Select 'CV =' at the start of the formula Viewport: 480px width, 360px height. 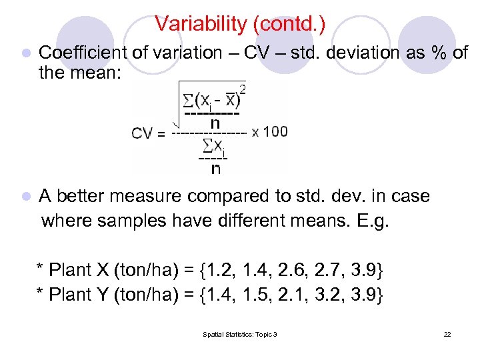[x=149, y=133]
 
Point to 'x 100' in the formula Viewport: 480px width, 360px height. [x=270, y=131]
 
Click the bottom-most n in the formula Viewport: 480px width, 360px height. [x=215, y=169]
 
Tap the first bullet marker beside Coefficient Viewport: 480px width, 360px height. [x=25, y=53]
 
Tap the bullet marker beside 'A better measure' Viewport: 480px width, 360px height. [x=25, y=197]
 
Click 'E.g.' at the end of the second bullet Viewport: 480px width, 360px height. [x=372, y=220]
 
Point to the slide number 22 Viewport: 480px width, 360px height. [x=447, y=334]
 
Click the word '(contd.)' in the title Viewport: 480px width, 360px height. [x=288, y=24]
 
